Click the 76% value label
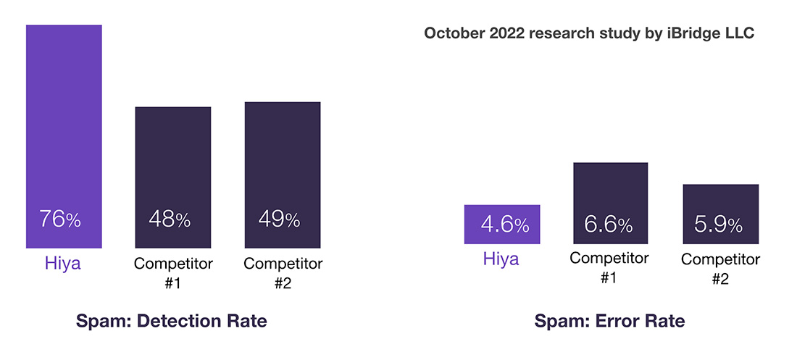pyautogui.click(x=60, y=219)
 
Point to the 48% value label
pyautogui.click(x=170, y=219)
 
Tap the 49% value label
pyautogui.click(x=279, y=219)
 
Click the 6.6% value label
pyautogui.click(x=609, y=225)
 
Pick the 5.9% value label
pyautogui.click(x=718, y=225)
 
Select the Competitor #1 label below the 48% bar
pyautogui.click(x=172, y=272)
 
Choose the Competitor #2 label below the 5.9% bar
pyautogui.click(x=720, y=269)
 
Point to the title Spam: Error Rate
pyautogui.click(x=609, y=321)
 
